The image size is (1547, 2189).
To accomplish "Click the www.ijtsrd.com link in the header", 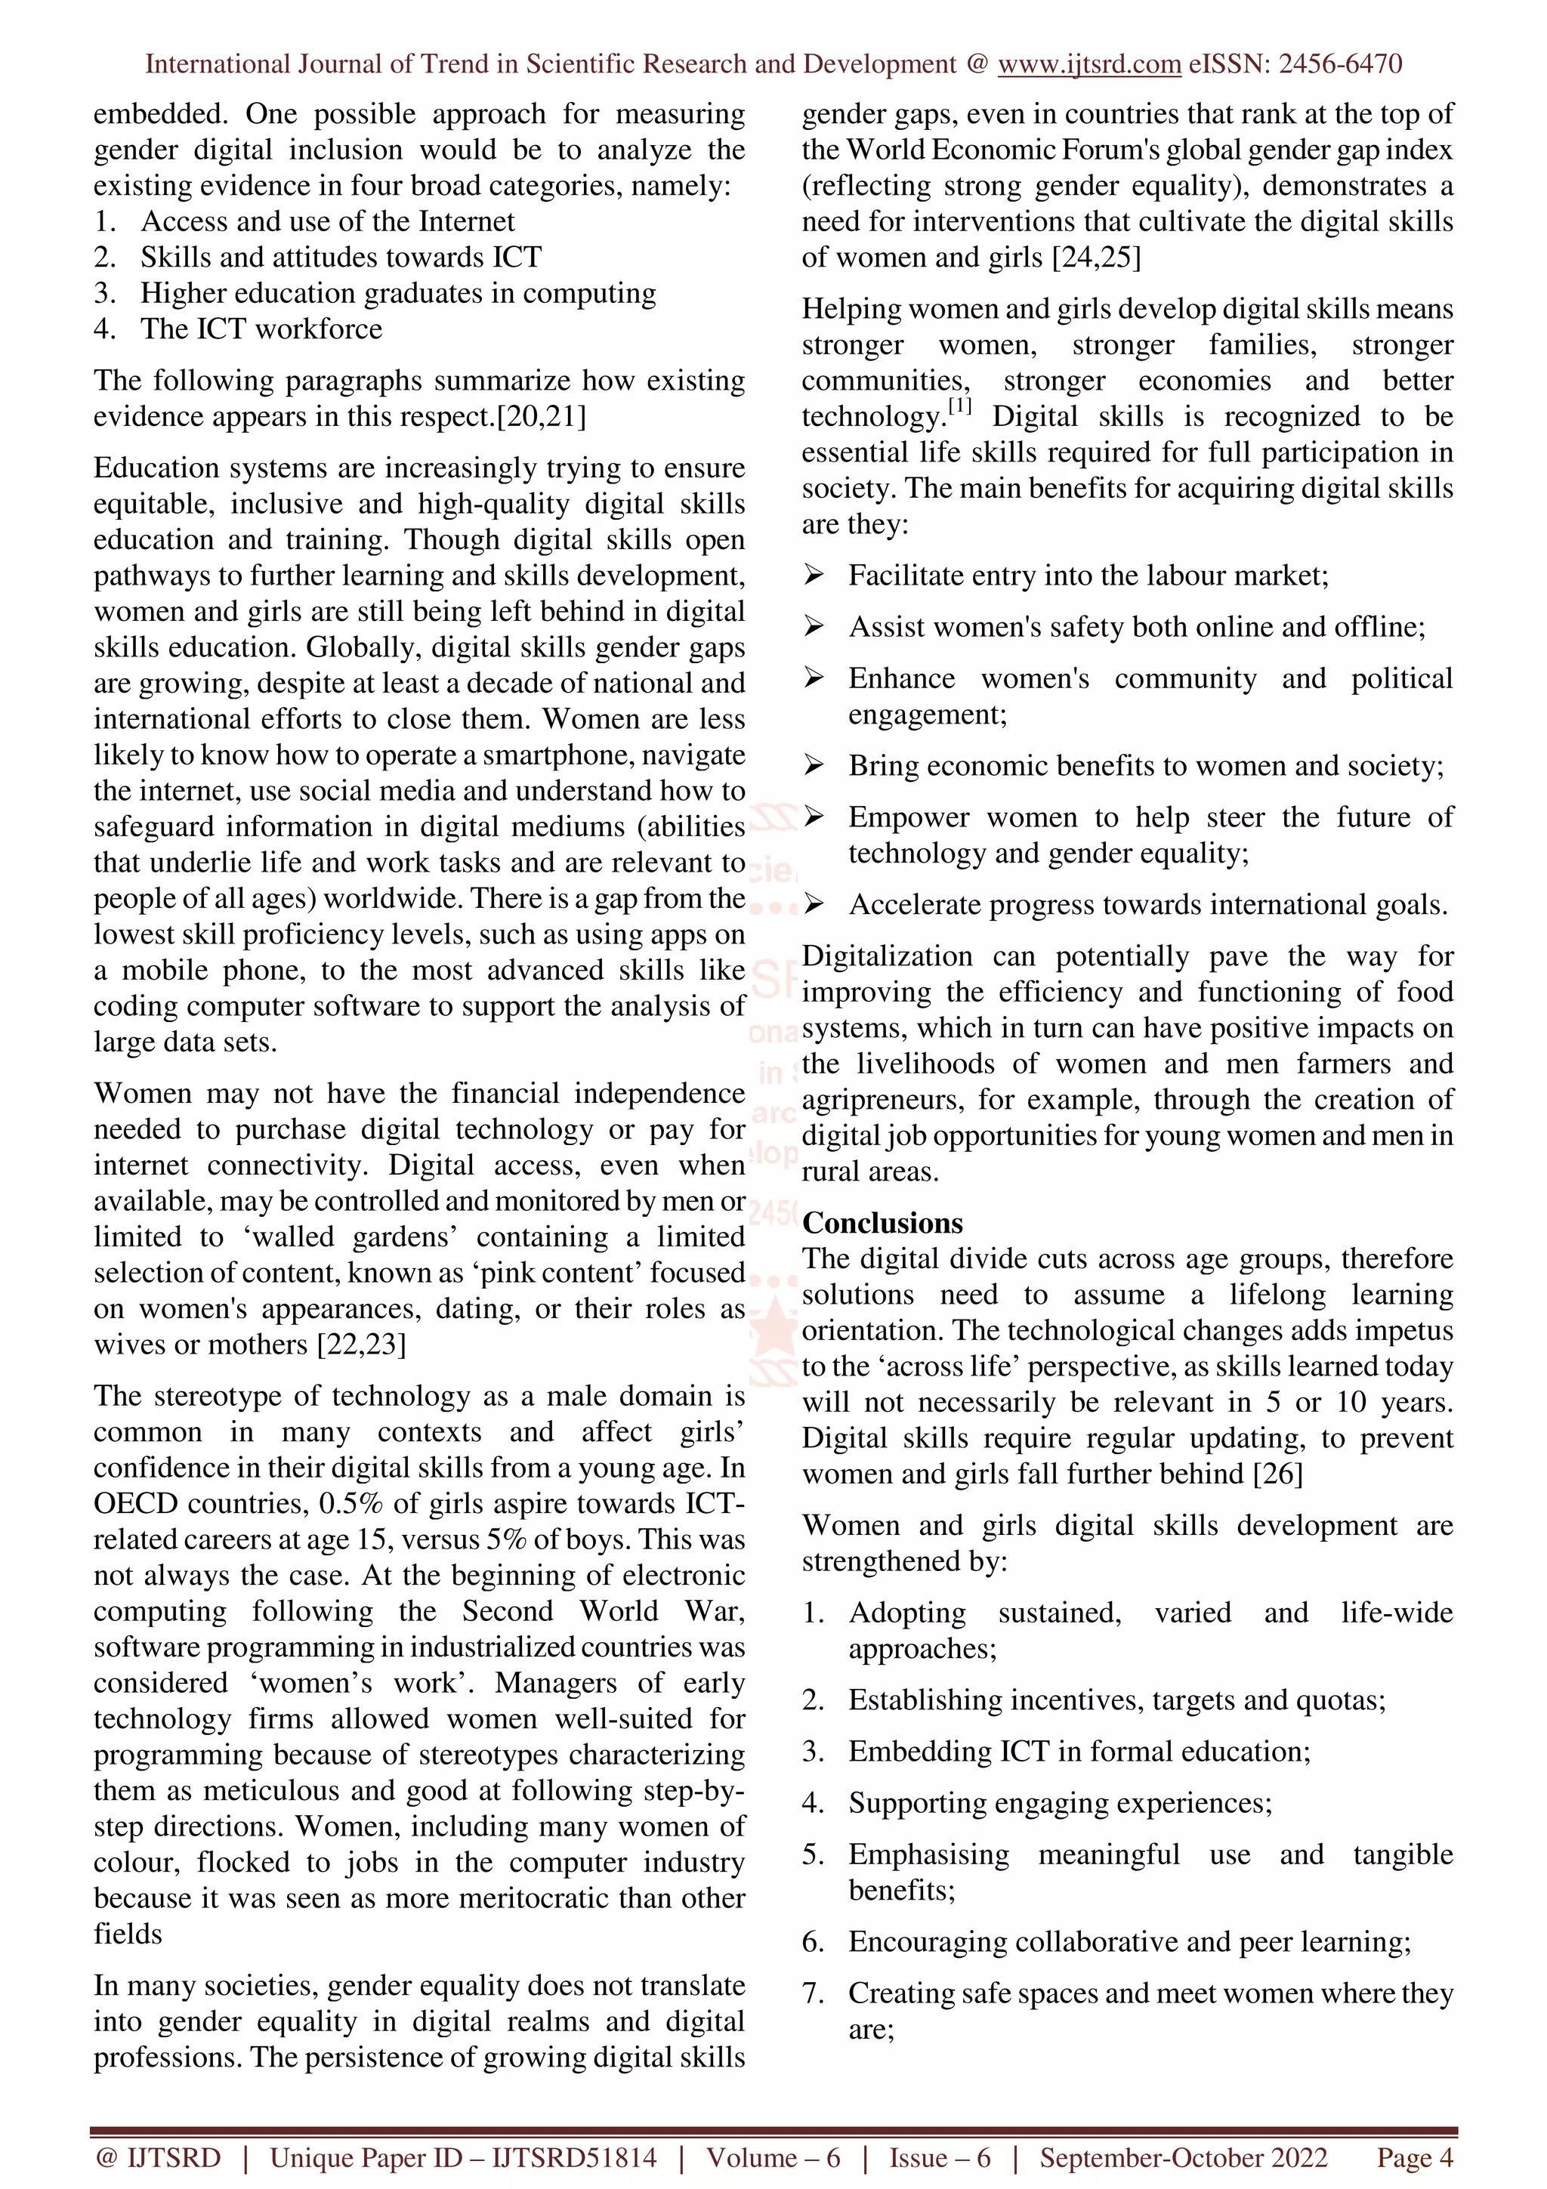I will (1088, 64).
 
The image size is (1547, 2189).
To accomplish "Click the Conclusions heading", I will (882, 1222).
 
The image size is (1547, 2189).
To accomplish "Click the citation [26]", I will (1277, 1474).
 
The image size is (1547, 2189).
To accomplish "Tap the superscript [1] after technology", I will (959, 407).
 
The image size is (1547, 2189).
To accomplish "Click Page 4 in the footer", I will (1415, 2157).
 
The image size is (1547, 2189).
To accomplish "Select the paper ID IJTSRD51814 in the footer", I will (574, 2157).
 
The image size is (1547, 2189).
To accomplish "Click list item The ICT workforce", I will (261, 329).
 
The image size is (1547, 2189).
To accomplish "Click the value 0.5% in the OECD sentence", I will (350, 1503).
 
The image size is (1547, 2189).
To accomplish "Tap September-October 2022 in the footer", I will (1183, 2157).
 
